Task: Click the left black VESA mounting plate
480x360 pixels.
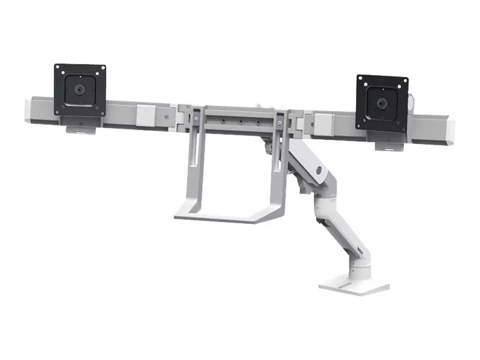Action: point(80,90)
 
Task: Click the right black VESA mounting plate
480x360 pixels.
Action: point(382,103)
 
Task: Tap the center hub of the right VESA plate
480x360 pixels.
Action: point(382,103)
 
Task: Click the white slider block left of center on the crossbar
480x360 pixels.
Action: point(145,114)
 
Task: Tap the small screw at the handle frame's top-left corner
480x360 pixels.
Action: point(195,120)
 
